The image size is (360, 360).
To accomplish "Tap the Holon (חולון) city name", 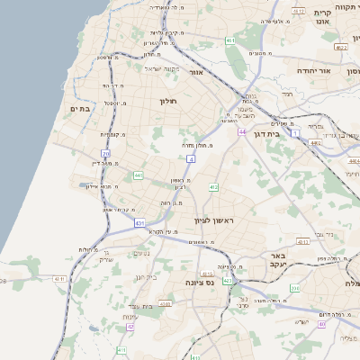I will (x=169, y=100).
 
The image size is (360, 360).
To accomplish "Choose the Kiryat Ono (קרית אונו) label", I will (x=323, y=18).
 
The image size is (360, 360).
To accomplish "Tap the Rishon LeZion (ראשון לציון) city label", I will (x=213, y=220).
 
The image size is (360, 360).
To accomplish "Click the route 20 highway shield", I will (x=105, y=153).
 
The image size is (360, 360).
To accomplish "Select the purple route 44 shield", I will (x=242, y=131).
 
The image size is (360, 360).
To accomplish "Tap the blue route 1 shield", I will (x=294, y=132).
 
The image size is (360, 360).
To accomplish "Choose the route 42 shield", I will (x=130, y=326).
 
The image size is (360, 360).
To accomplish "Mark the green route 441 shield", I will (x=139, y=175).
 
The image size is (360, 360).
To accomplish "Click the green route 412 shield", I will (x=213, y=187).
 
